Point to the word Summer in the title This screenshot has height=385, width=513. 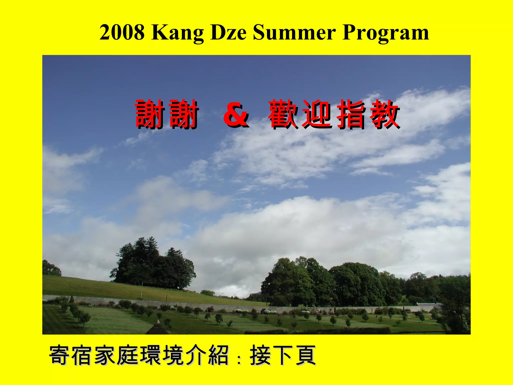click(x=294, y=33)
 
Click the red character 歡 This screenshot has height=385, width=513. click(x=283, y=114)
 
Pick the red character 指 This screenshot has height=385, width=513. click(x=351, y=114)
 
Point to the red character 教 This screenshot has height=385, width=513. click(x=384, y=114)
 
